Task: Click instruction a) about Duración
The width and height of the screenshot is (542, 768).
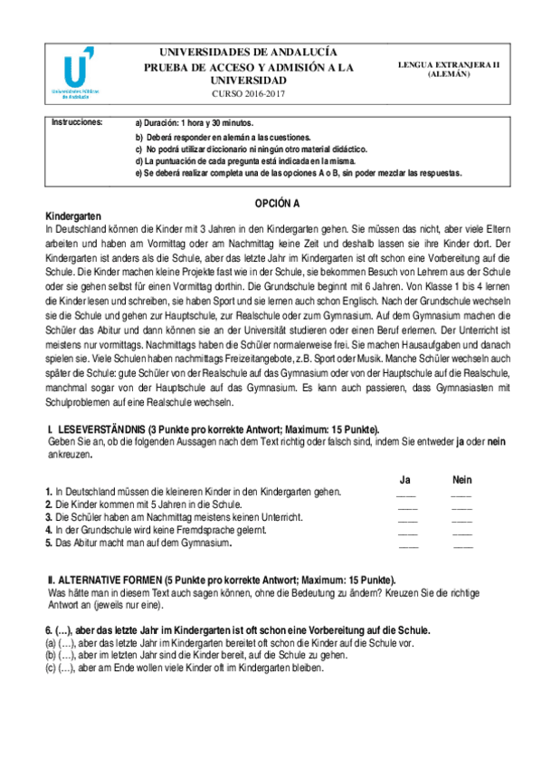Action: tap(194, 122)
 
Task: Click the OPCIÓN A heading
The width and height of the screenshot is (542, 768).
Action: tap(272, 206)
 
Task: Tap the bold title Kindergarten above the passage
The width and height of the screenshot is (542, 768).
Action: tap(74, 218)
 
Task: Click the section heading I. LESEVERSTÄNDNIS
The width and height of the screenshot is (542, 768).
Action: tap(213, 428)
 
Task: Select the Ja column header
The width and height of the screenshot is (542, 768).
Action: tap(406, 479)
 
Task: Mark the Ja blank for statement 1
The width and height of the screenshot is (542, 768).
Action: tap(407, 494)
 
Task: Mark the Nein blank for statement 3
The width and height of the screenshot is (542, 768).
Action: tap(462, 520)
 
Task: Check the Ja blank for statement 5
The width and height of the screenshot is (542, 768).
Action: tap(408, 546)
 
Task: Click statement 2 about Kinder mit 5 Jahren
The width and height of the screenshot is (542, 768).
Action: tap(143, 504)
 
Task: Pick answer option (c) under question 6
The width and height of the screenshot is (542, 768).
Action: tap(184, 667)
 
